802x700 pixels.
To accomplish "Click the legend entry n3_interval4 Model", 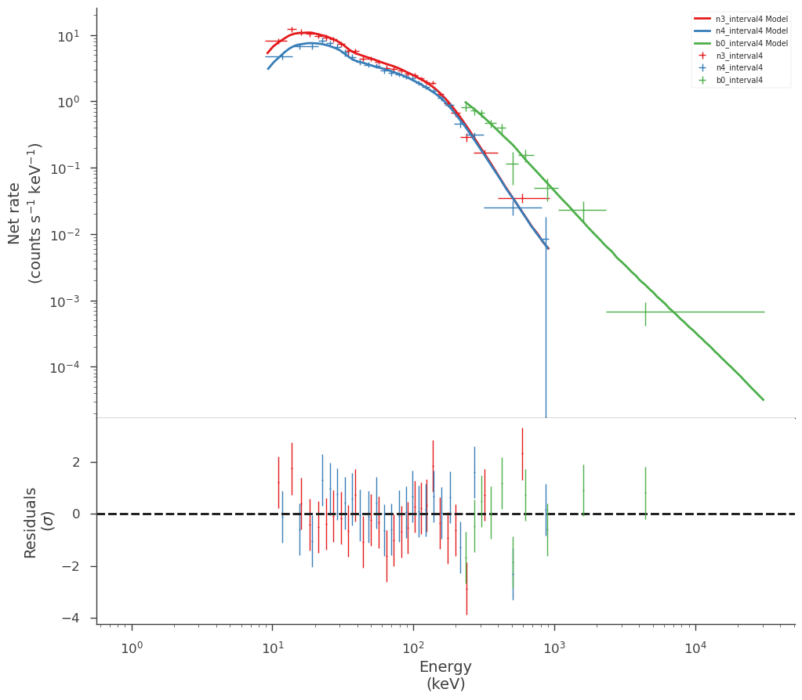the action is click(x=741, y=19).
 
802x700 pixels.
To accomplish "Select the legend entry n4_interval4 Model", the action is click(x=741, y=31).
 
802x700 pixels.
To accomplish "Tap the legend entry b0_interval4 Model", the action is click(x=741, y=43).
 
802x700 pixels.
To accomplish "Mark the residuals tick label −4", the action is click(x=71, y=619).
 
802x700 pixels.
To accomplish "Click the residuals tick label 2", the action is click(x=76, y=463).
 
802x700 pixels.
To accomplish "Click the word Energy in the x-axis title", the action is click(x=445, y=667).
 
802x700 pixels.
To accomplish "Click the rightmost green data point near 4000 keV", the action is click(x=645, y=312).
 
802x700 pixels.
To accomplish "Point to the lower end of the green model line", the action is click(x=763, y=400).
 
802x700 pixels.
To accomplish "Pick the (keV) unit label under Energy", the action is click(x=445, y=684).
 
